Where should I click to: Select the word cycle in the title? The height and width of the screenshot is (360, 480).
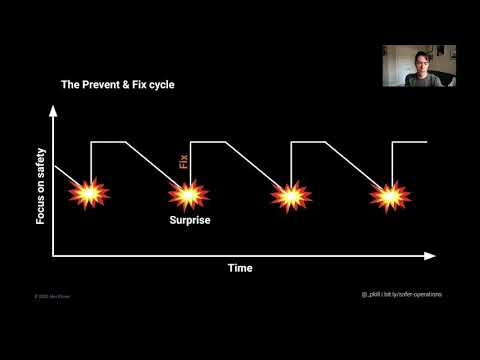158,85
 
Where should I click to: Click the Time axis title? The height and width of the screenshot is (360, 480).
239,268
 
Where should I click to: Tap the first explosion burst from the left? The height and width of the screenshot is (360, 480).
88,193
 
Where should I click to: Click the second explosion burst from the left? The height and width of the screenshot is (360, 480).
188,193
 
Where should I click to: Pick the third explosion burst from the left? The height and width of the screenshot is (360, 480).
288,194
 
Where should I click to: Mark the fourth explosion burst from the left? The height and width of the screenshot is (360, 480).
389,194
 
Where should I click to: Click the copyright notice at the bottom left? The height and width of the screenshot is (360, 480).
49,296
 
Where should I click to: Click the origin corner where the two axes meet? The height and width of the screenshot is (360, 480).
53,256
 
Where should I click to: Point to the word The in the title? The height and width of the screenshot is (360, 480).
71,85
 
